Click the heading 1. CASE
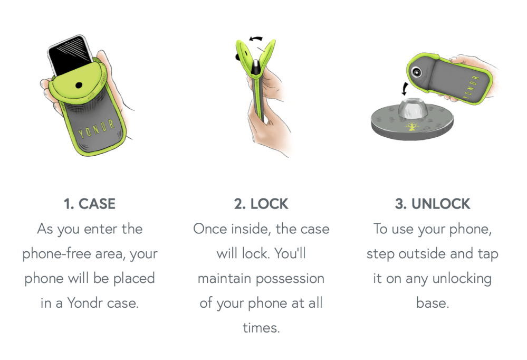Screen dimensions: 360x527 click(x=89, y=204)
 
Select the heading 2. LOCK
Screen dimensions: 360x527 click(x=261, y=204)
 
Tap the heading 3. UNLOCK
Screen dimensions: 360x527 click(x=433, y=204)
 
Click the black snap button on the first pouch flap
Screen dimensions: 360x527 click(x=79, y=84)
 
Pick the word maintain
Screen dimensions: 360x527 click(x=224, y=279)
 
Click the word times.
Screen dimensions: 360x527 click(x=261, y=328)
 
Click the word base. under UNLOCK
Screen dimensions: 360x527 click(x=433, y=304)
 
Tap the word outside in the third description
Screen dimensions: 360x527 click(x=423, y=254)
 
